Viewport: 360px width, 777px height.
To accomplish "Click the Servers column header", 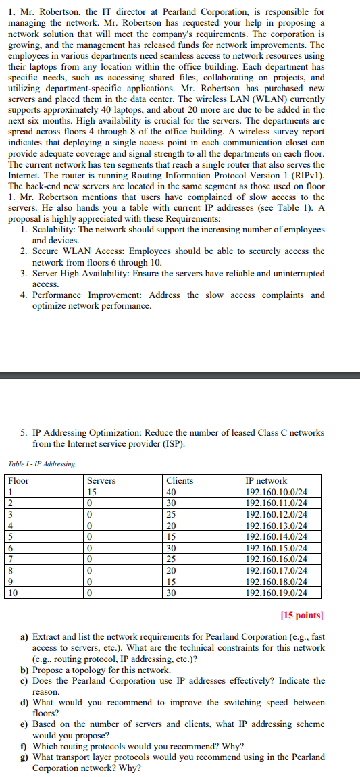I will pos(101,480).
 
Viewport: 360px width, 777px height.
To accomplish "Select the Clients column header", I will pos(180,480).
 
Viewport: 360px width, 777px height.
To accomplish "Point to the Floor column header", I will pos(19,480).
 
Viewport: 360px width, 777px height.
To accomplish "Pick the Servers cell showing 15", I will pos(93,492).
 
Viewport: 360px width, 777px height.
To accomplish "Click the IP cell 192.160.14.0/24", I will pos(276,536).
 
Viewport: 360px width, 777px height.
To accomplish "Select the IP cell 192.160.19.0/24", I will pos(276,593).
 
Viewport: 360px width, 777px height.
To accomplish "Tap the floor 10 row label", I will pos(14,593).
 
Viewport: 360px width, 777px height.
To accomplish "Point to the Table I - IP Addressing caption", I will pos(42,464).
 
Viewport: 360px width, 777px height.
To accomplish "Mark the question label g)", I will pos(24,757).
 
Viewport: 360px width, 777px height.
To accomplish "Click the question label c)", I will pos(24,681).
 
